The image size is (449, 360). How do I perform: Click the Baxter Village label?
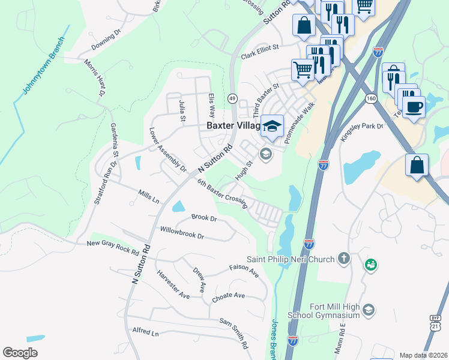233,126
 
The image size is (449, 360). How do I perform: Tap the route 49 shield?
232,98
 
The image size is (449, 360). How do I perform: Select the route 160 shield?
370,97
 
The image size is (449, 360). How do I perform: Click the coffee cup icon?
414,108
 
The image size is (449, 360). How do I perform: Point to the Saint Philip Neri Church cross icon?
344,259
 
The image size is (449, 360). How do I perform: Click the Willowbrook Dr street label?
182,233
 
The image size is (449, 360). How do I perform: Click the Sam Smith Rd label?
234,334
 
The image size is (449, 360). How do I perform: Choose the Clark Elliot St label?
261,51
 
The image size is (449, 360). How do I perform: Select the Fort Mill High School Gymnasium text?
334,311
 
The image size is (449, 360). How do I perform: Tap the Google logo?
20,353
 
